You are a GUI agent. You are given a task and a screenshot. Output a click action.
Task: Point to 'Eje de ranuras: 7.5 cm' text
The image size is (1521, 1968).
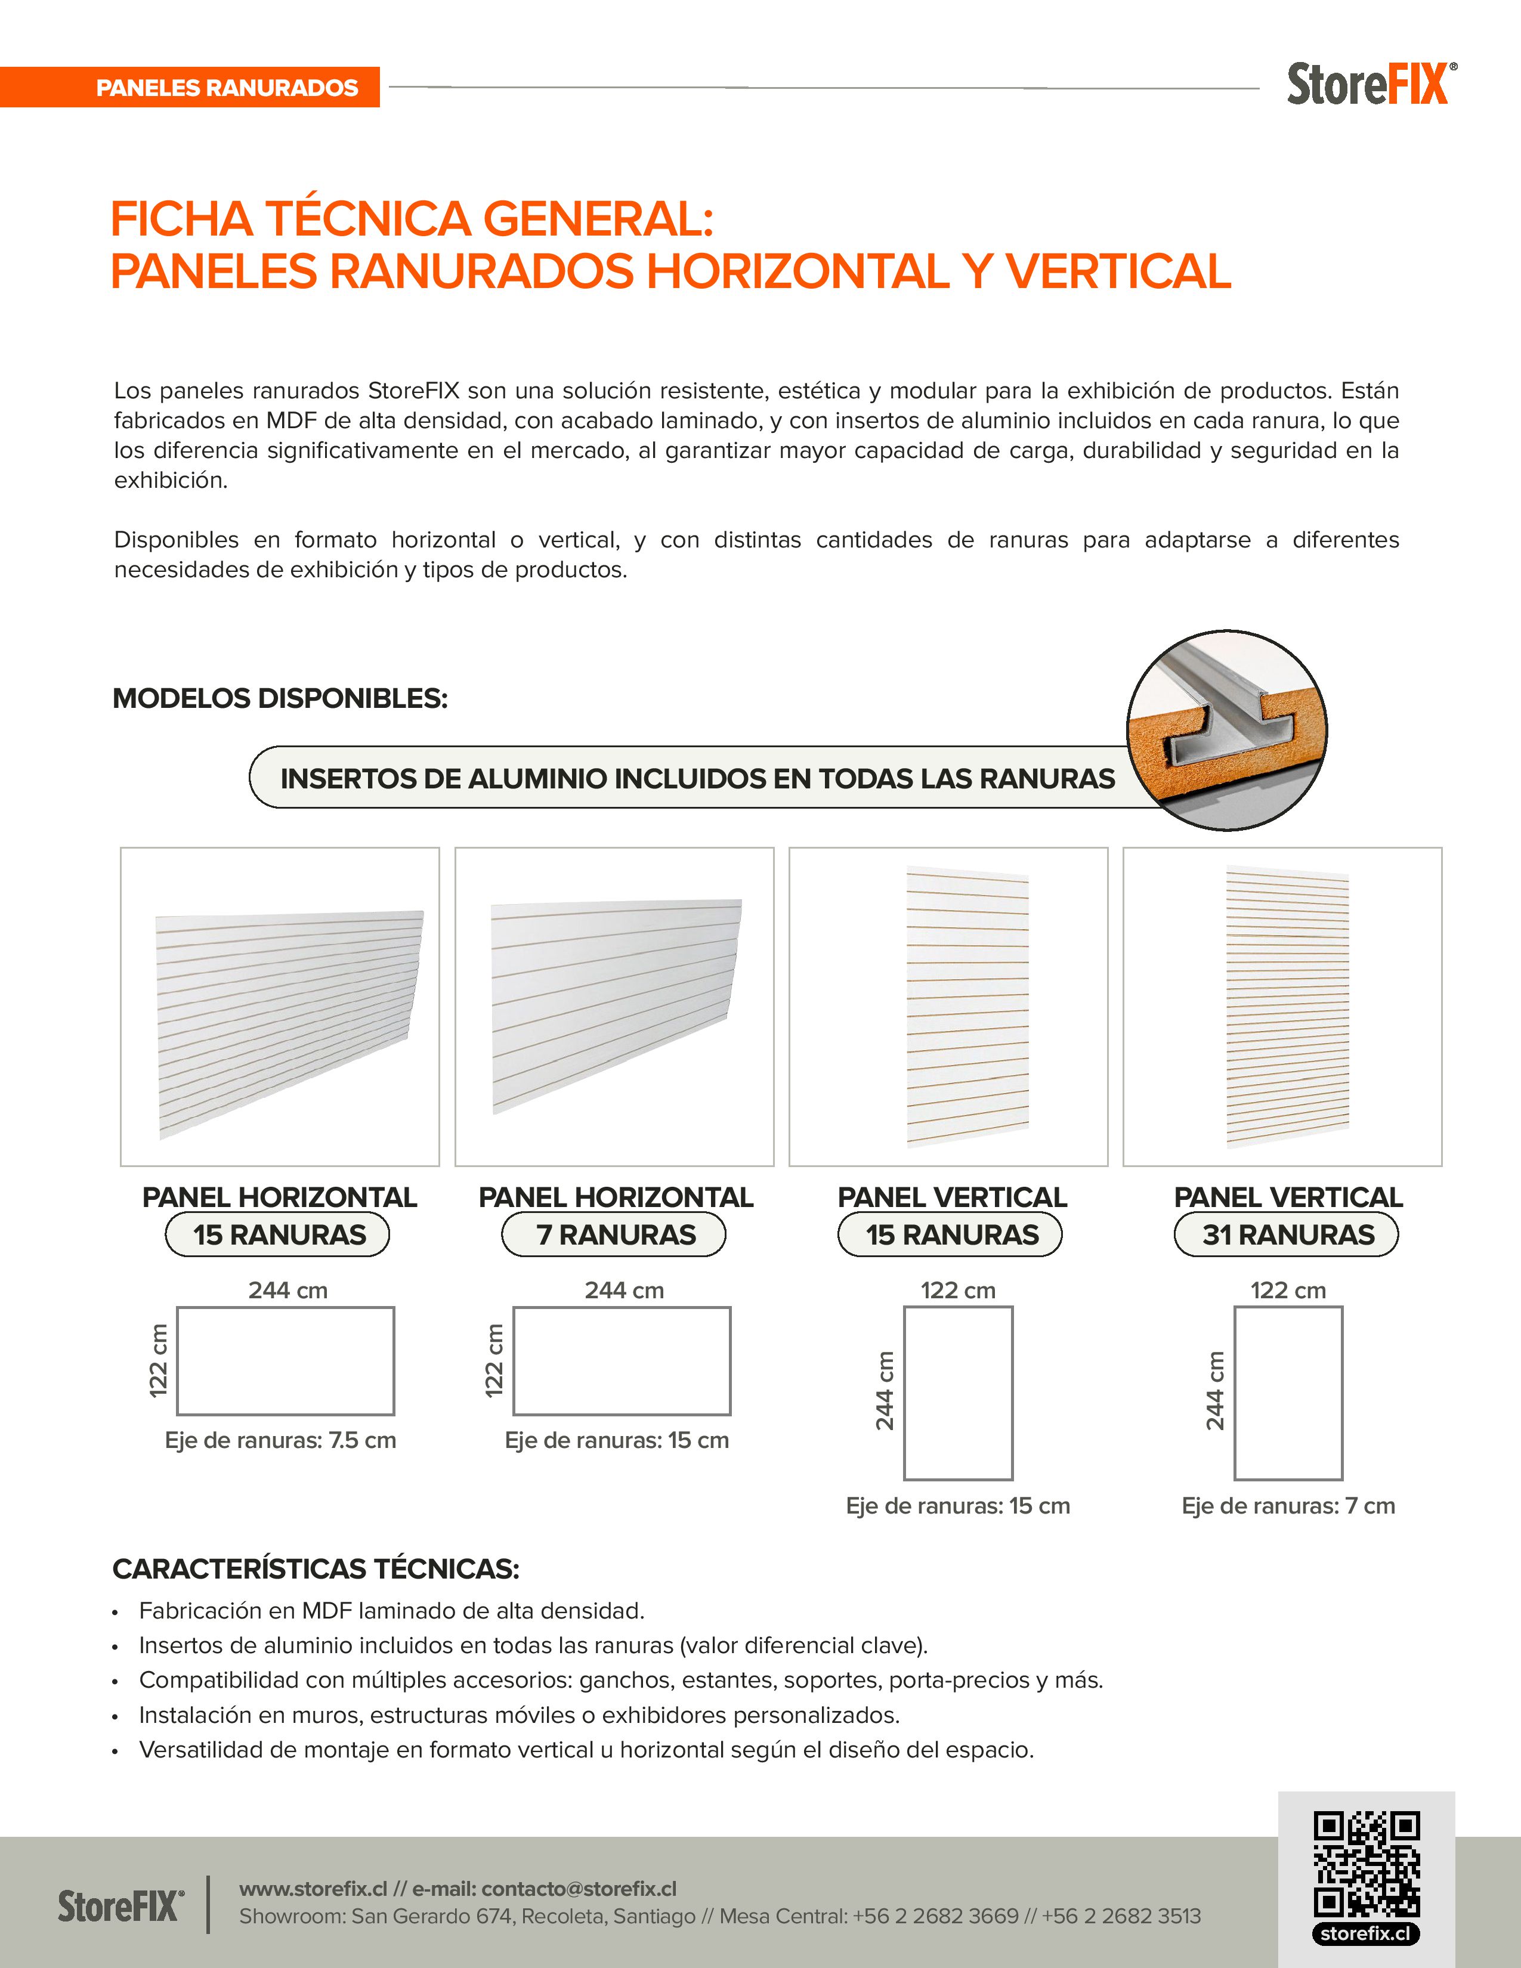(x=280, y=1440)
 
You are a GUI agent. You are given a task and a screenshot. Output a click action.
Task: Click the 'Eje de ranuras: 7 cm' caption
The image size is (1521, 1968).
(x=1288, y=1506)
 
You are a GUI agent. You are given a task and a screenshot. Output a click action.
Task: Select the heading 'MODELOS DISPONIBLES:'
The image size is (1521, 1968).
(x=280, y=698)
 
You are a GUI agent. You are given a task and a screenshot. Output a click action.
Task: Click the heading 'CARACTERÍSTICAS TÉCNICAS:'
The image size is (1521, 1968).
(x=316, y=1569)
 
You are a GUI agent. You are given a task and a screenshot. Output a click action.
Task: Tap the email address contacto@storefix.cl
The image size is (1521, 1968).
(x=579, y=1889)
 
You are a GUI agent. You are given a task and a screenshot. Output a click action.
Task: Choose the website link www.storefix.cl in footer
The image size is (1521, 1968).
(x=313, y=1889)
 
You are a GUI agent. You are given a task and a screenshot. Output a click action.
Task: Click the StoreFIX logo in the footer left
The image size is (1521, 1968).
(x=120, y=1906)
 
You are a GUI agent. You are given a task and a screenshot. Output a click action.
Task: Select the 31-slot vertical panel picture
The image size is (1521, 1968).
(x=1287, y=1007)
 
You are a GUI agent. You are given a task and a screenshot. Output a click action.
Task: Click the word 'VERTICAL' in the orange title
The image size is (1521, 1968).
(x=1118, y=271)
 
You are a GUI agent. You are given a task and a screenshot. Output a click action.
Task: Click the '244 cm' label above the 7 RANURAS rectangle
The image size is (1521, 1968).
(x=623, y=1291)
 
